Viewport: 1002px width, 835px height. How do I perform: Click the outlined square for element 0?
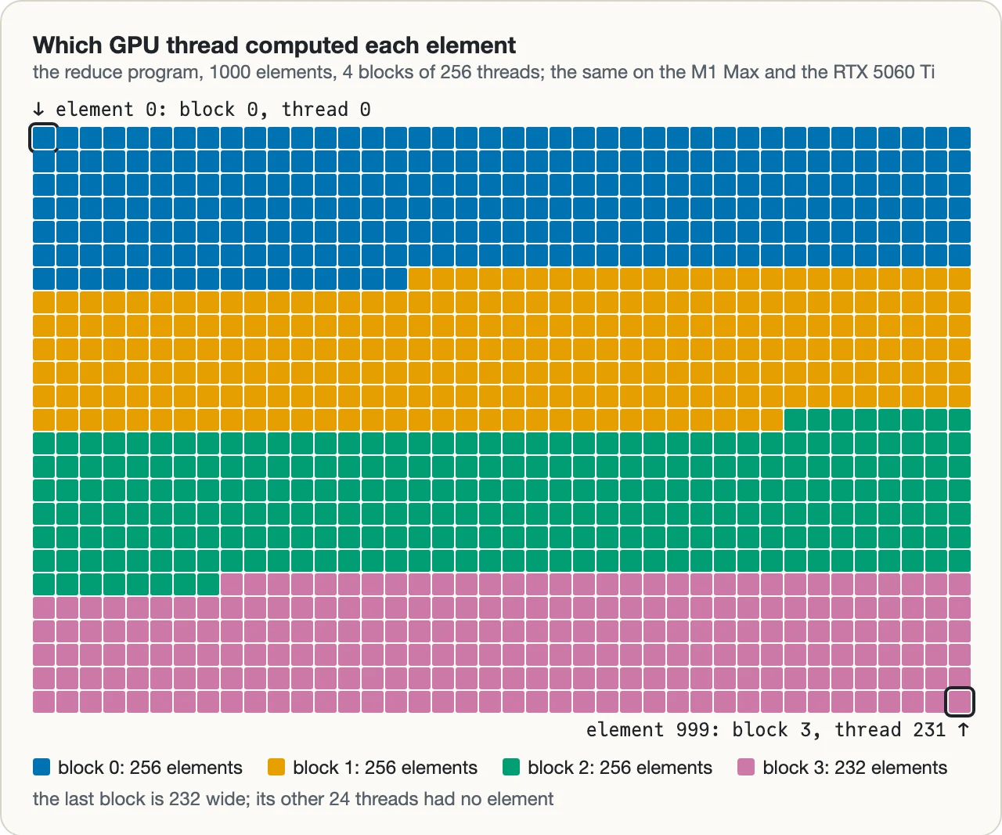click(x=44, y=138)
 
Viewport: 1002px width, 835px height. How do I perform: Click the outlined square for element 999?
click(x=959, y=702)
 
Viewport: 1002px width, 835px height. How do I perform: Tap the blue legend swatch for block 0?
click(x=41, y=767)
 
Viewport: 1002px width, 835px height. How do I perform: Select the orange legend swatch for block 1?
click(x=276, y=767)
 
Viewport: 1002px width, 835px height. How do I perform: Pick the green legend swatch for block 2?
click(x=511, y=767)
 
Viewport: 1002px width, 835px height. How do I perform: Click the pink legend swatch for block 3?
click(x=746, y=767)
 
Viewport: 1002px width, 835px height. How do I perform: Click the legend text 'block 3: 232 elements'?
click(x=855, y=768)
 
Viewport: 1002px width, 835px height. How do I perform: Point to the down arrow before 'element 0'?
click(x=38, y=110)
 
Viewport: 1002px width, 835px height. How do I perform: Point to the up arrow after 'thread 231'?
click(x=963, y=730)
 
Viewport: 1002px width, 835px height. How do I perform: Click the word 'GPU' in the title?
click(x=134, y=45)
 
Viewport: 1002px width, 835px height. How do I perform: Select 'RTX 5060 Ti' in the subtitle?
click(x=884, y=72)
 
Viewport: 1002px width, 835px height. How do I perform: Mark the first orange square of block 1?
click(x=420, y=279)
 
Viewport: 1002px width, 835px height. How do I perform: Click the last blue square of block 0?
click(x=396, y=279)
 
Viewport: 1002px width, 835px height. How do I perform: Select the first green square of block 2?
click(x=795, y=420)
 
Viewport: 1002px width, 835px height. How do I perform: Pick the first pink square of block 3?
click(x=231, y=584)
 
